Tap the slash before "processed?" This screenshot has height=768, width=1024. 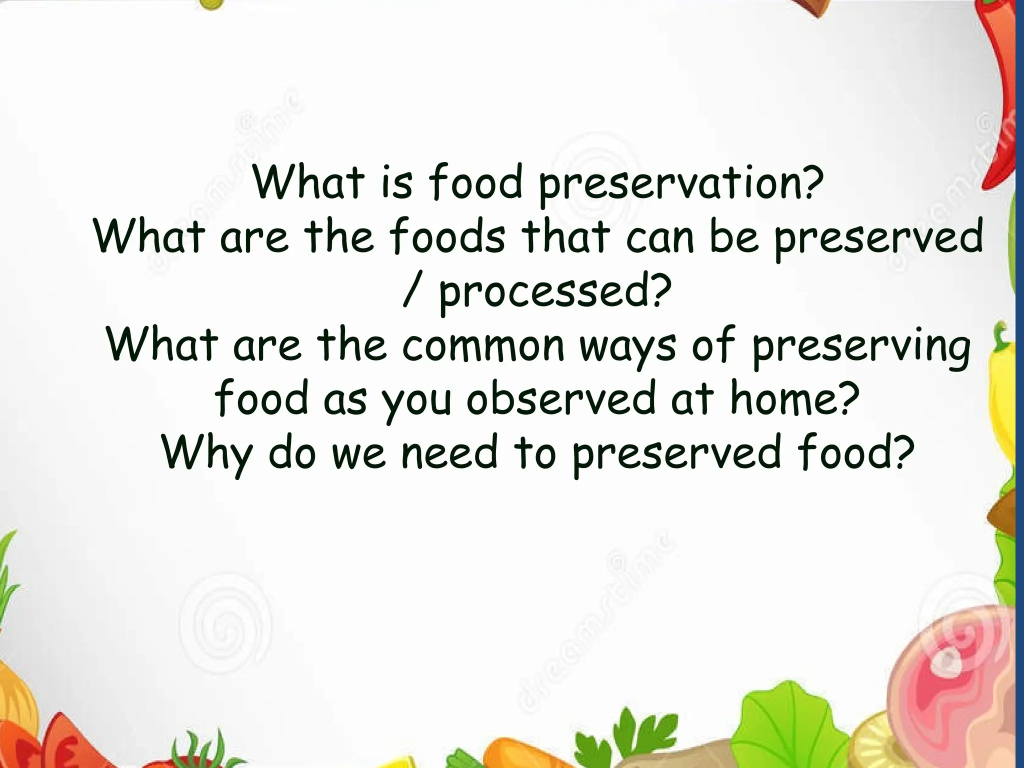point(410,292)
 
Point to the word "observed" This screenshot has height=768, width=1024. point(560,399)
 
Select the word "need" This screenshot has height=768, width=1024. point(450,453)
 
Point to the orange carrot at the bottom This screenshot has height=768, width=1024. point(505,755)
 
